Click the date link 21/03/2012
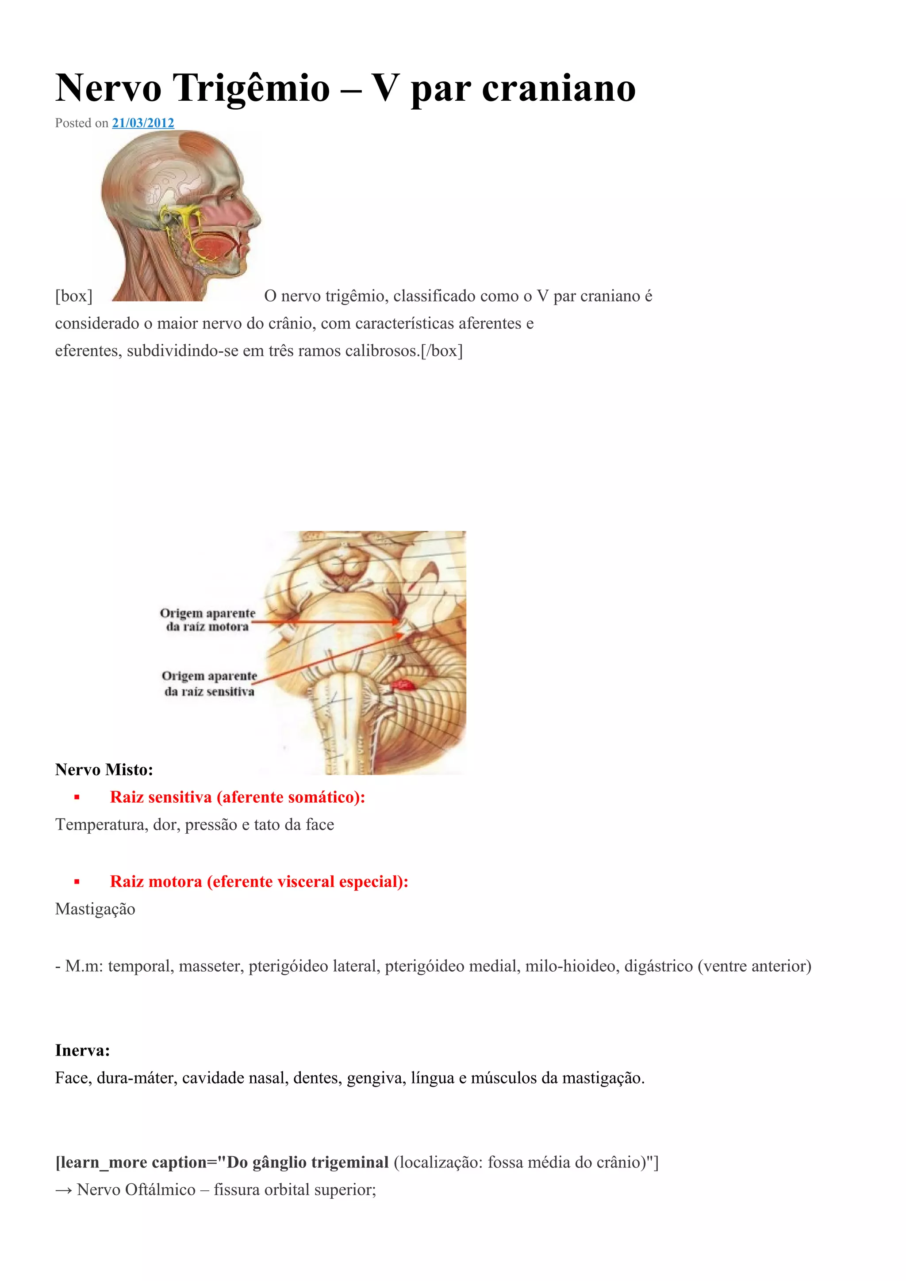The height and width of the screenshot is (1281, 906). point(143,123)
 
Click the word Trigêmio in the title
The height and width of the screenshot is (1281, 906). point(251,88)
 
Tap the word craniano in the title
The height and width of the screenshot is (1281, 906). point(558,88)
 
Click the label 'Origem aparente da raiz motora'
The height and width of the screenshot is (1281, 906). point(207,620)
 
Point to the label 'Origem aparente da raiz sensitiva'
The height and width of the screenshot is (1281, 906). point(209,683)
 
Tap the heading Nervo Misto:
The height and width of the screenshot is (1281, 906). point(104,770)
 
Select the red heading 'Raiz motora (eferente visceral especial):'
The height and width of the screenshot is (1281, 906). point(259,881)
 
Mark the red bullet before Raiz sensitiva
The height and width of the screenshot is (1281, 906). point(77,798)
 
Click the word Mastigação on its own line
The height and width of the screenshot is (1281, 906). point(95,909)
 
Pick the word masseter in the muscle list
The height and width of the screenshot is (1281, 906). point(211,966)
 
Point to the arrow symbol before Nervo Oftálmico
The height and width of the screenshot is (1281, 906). point(63,1190)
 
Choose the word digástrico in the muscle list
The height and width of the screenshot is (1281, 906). point(658,966)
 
